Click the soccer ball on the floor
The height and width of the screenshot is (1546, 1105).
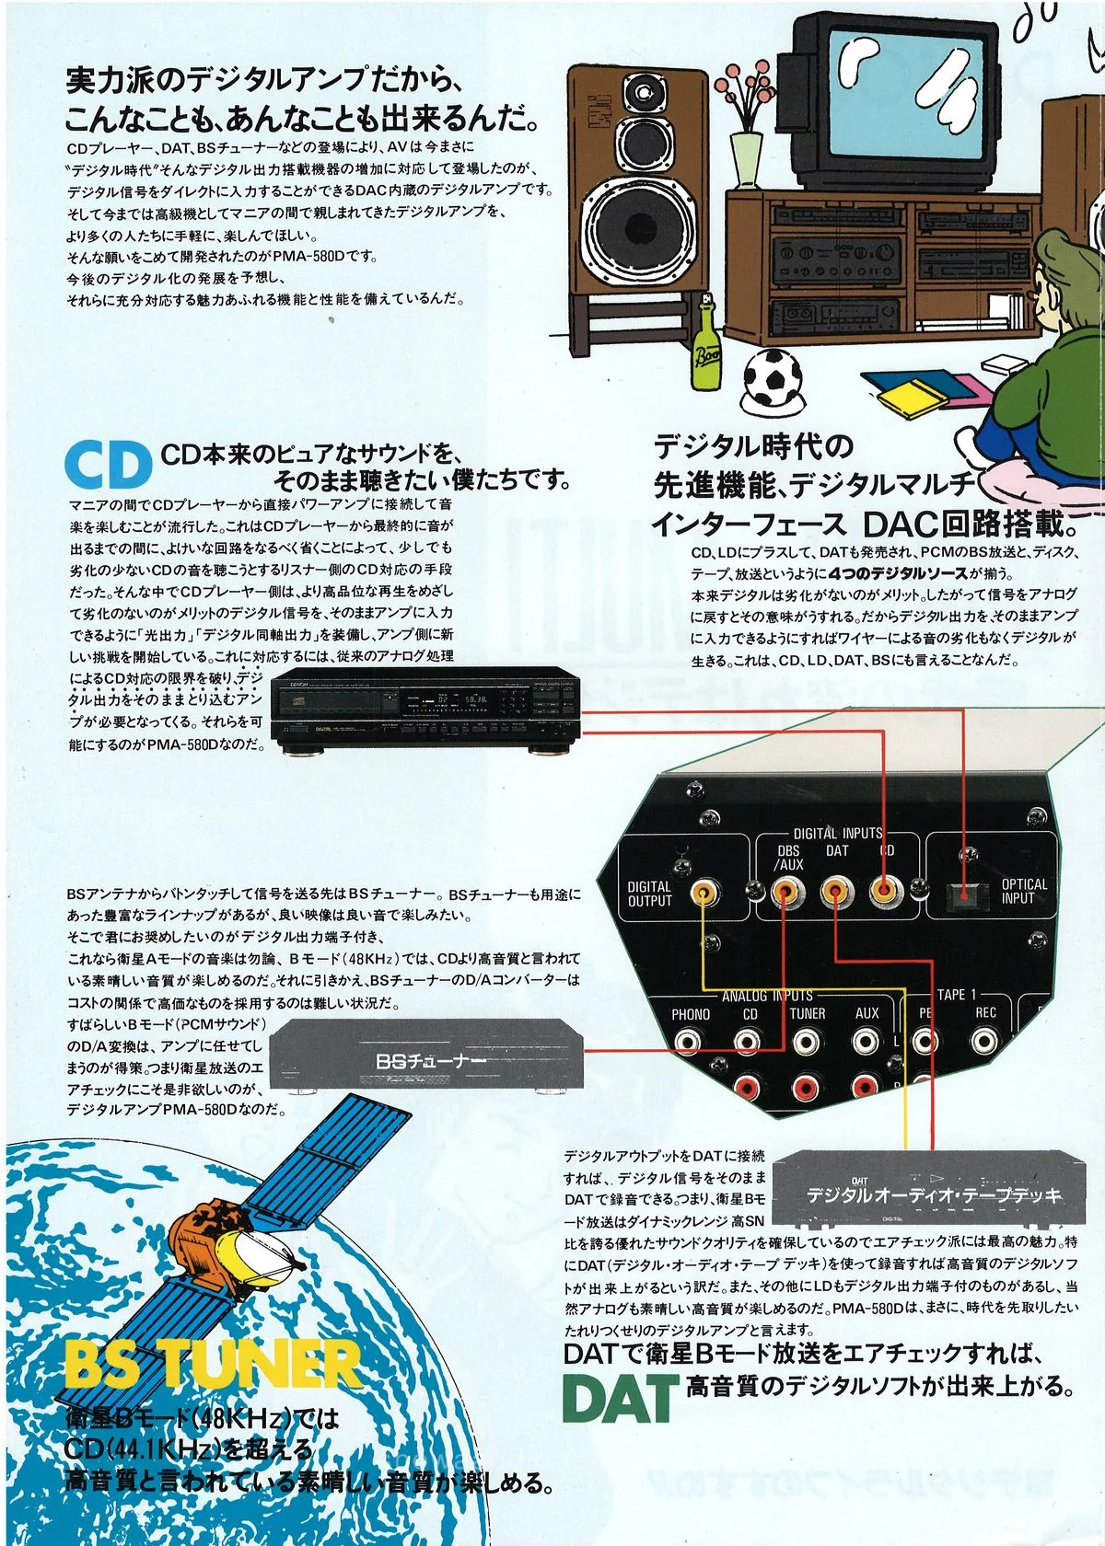click(x=771, y=378)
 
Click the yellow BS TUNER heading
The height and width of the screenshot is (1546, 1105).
click(x=212, y=1365)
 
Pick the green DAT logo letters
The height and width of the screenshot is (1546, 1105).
click(x=620, y=1398)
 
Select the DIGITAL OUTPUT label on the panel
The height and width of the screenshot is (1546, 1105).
click(x=649, y=894)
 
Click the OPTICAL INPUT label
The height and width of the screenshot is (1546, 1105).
click(x=1023, y=890)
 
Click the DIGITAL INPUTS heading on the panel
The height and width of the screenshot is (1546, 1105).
click(x=837, y=833)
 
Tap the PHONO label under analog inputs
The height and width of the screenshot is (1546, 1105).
click(x=690, y=1014)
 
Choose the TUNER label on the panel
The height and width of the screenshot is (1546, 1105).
click(x=808, y=1013)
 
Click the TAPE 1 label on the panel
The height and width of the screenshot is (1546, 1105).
click(x=956, y=994)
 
